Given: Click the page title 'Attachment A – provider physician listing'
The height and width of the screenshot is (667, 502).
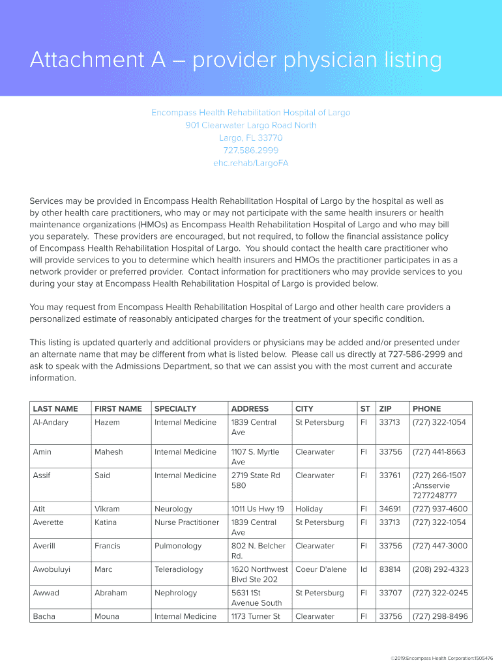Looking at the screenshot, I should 235,61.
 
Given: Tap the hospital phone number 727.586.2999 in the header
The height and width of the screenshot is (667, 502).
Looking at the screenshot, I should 251,150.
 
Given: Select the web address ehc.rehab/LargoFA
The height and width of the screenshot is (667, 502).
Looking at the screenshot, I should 251,163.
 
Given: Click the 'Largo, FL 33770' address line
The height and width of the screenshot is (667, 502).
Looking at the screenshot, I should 251,138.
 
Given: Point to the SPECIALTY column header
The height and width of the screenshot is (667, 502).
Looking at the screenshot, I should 175,409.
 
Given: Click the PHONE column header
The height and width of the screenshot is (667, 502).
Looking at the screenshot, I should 426,409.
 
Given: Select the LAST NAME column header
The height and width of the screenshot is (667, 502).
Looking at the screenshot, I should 55,409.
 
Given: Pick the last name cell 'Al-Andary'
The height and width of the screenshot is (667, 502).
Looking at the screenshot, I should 50,423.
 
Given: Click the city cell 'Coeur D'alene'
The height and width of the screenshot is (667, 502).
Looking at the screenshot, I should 321,569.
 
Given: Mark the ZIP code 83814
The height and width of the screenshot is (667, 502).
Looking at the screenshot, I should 390,569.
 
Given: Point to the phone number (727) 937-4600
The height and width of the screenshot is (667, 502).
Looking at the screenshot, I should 439,509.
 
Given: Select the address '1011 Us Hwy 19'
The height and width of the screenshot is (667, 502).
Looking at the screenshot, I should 258,509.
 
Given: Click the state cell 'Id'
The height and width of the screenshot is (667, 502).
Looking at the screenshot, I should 364,569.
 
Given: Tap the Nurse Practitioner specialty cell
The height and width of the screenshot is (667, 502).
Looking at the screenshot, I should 186,522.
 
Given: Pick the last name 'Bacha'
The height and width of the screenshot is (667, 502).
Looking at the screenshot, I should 44,616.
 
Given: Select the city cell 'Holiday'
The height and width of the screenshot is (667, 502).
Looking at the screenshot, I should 309,509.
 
